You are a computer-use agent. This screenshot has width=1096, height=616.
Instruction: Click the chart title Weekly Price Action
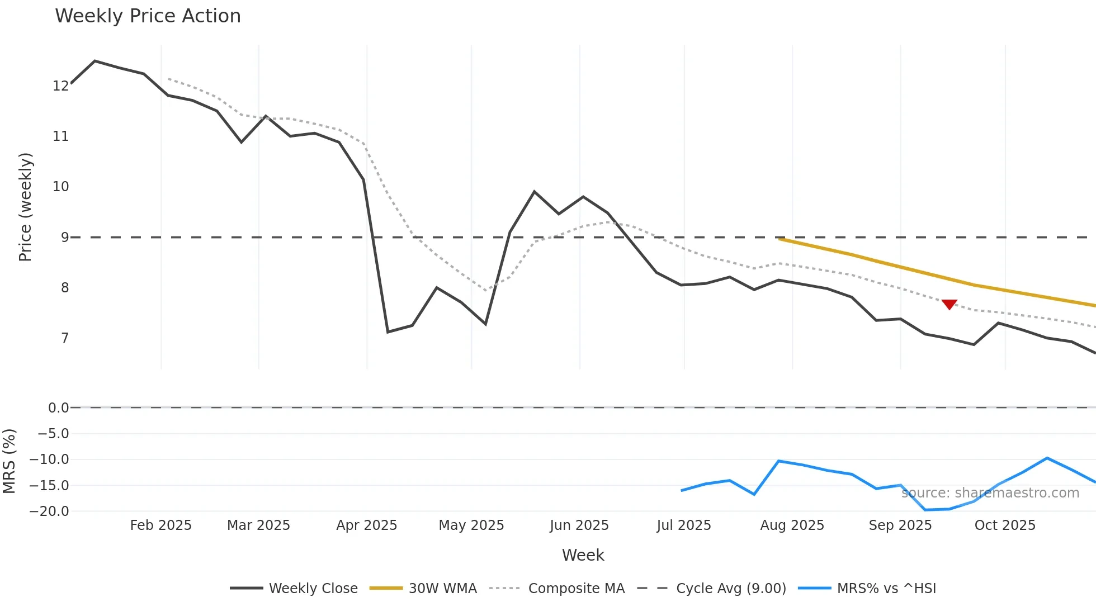point(148,16)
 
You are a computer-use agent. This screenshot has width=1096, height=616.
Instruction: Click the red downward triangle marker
point(949,304)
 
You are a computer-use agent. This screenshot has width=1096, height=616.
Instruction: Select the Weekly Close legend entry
point(294,588)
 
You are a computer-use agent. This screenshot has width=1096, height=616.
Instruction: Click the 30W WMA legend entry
point(423,588)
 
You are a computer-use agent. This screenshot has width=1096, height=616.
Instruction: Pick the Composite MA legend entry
point(557,588)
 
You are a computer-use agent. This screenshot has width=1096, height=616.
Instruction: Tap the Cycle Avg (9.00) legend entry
point(712,588)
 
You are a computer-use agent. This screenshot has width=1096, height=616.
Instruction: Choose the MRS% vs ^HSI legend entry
point(867,588)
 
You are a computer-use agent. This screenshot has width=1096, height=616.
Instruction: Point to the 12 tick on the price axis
point(60,86)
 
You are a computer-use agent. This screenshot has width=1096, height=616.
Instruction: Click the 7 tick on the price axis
point(65,338)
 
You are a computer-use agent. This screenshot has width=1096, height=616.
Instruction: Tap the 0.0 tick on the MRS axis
point(58,407)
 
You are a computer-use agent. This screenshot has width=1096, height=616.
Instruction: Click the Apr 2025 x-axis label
point(366,525)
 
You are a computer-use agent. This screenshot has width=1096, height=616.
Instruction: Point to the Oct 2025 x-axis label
point(1005,525)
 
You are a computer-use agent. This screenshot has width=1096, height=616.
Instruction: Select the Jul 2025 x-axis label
point(683,525)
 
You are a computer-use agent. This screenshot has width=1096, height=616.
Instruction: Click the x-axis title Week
point(583,555)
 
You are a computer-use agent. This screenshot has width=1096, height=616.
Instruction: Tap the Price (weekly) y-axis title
point(25,207)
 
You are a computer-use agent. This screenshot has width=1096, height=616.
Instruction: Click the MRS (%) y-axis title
point(9,461)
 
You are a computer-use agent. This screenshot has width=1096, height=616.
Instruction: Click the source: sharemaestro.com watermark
point(990,492)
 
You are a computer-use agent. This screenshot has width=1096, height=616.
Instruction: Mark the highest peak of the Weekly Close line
point(95,61)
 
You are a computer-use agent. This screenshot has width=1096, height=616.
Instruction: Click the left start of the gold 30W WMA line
point(780,239)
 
